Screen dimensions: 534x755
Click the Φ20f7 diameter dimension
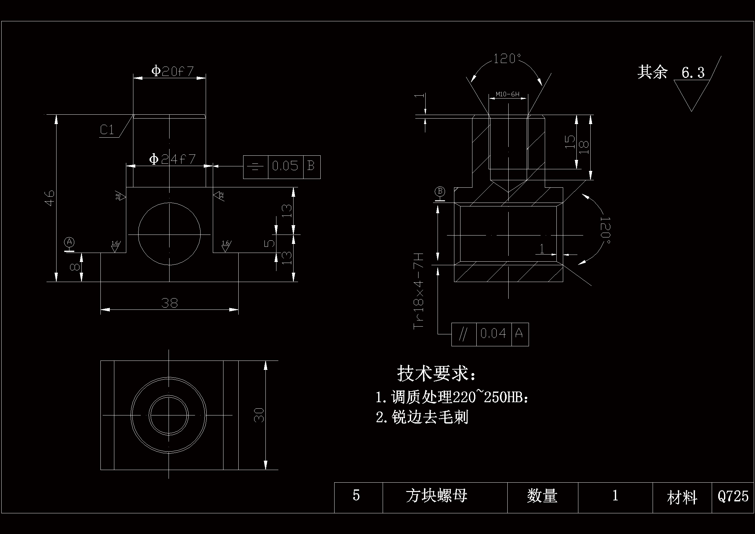pos(172,71)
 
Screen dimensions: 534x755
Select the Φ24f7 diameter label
pos(172,159)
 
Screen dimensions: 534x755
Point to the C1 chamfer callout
pos(107,130)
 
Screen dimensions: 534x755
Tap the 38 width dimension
pos(169,303)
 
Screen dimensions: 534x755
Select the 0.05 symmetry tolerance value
pos(285,166)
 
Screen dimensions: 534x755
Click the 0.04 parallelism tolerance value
pos(493,334)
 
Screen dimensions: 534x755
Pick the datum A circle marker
pos(69,242)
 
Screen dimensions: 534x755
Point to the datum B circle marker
pos(440,191)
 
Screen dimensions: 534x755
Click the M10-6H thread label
pos(507,94)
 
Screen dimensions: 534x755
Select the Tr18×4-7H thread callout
pos(419,290)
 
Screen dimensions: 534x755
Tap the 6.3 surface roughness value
pos(693,73)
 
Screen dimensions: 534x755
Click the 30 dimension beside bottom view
pos(259,415)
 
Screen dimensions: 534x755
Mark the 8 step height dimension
pos(75,267)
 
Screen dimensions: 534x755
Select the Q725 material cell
pos(733,496)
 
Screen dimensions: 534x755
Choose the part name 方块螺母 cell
pos(436,496)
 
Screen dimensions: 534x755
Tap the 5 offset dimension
pos(269,243)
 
